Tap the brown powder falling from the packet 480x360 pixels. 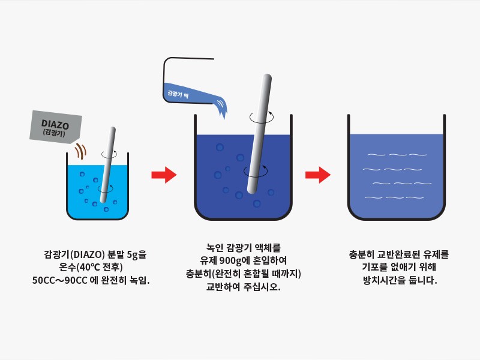[81, 151]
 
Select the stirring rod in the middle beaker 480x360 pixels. [260, 133]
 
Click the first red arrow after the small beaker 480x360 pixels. [164, 175]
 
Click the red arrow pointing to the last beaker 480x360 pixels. [318, 175]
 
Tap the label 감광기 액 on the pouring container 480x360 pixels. [178, 94]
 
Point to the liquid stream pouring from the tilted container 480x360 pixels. [221, 107]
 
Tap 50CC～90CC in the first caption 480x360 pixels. [60, 280]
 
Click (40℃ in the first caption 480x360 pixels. [88, 267]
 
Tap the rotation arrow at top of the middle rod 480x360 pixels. [262, 117]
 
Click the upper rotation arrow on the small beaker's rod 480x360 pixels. [109, 154]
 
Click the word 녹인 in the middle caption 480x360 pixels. [215, 247]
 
